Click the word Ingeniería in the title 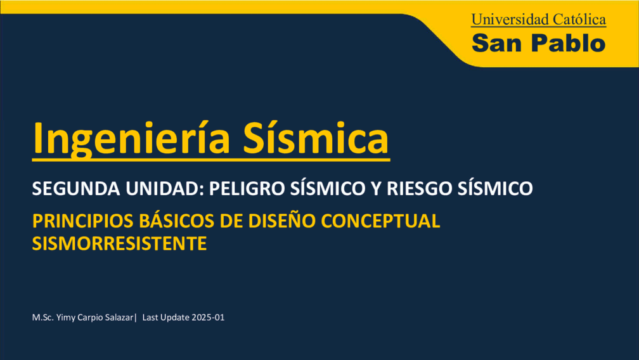point(131,139)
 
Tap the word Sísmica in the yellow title point(316,138)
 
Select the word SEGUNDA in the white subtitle point(76,188)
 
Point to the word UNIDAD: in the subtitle point(165,188)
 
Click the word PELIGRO point(247,188)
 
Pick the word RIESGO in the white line point(419,188)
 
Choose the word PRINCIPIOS point(82,221)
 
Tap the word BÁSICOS point(176,221)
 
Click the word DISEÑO point(281,221)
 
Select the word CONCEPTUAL point(380,221)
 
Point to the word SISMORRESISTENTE point(119,243)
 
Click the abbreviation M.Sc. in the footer point(43,318)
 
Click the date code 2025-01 point(208,318)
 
